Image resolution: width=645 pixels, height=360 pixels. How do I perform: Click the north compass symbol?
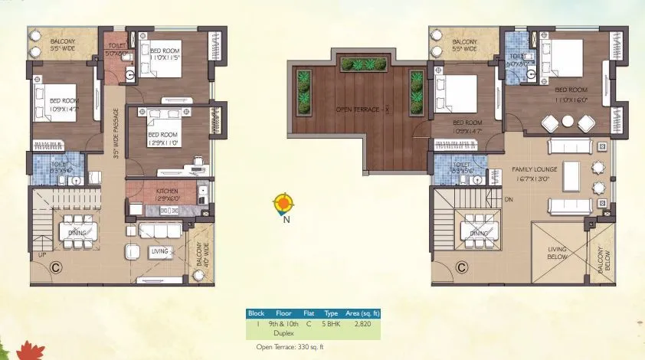[284, 204]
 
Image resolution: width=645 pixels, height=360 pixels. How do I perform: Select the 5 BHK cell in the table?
[331, 324]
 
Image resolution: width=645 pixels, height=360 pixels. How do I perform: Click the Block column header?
[256, 313]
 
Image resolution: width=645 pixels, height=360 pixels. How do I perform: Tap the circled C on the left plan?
[55, 267]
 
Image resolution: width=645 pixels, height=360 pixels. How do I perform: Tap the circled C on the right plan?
[461, 267]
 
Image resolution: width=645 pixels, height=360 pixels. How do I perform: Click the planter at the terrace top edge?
[355, 64]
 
